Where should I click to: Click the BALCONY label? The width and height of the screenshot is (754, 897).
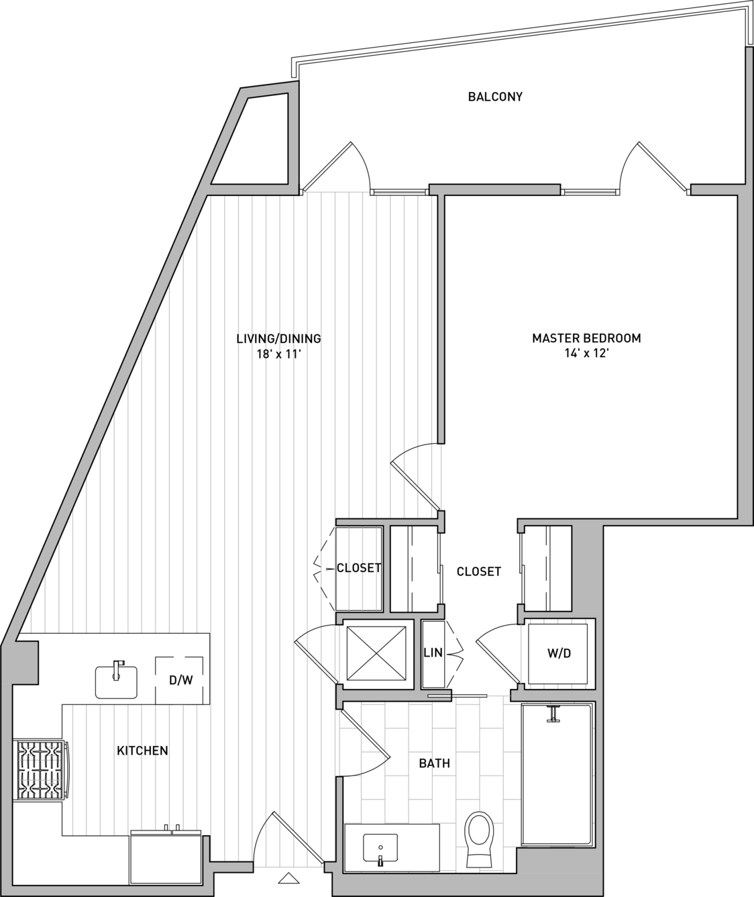tap(495, 97)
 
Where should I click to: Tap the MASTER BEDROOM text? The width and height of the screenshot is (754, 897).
tap(587, 338)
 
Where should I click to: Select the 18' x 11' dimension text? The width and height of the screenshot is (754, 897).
tap(279, 355)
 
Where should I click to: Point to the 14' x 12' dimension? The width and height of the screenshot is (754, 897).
tap(587, 354)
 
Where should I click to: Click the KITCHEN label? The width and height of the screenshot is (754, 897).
tap(142, 751)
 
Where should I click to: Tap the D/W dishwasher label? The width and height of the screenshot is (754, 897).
tap(180, 680)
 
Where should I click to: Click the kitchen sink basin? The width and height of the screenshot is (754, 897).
tap(116, 682)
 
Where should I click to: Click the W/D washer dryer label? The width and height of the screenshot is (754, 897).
tap(559, 653)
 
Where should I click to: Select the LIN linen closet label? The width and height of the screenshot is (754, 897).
tap(433, 653)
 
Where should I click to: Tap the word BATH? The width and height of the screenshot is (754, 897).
tap(434, 763)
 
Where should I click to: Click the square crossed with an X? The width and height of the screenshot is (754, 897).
tap(376, 653)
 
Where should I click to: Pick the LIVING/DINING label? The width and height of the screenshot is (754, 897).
tap(279, 338)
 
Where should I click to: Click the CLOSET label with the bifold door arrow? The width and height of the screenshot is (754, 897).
tap(359, 568)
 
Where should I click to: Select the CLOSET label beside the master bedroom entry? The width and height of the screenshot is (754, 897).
tap(478, 571)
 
